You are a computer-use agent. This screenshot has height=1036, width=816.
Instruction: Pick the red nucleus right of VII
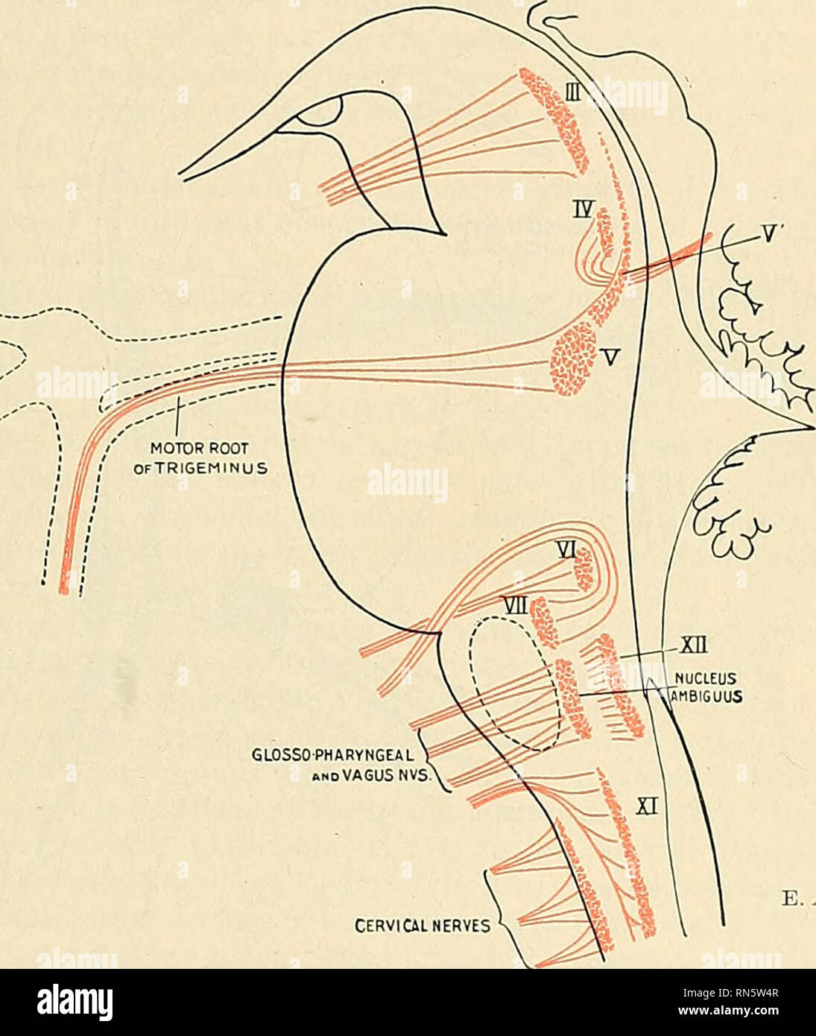pos(545,620)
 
